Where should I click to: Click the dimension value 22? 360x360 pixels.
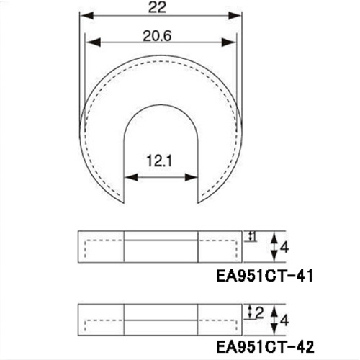(157, 7)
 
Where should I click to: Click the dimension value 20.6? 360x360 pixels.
(157, 36)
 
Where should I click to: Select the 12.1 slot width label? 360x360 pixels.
(159, 161)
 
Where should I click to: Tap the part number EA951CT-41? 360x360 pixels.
(265, 276)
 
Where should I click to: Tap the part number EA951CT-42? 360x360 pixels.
(265, 346)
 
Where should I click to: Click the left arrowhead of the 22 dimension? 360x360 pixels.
(86, 16)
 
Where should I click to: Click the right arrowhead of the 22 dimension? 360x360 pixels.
(235, 16)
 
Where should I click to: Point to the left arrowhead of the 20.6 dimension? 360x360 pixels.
(93, 42)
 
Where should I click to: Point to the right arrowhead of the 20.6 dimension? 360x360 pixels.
(229, 42)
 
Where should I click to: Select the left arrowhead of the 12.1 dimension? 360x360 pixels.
(131, 178)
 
